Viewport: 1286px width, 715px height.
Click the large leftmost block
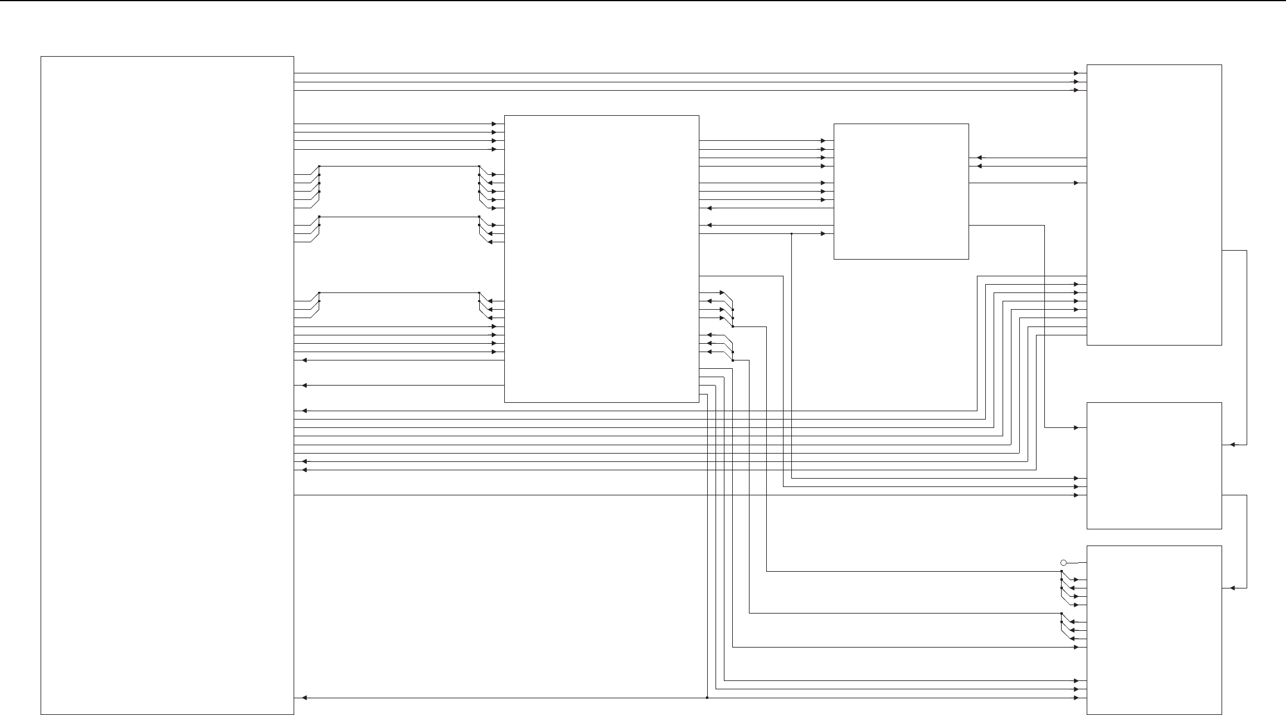pyautogui.click(x=167, y=385)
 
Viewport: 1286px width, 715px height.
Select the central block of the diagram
pyautogui.click(x=602, y=259)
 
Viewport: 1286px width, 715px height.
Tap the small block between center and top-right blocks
pyautogui.click(x=900, y=192)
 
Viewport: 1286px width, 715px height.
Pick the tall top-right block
pyautogui.click(x=1154, y=205)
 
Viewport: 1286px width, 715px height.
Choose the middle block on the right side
pyautogui.click(x=1154, y=466)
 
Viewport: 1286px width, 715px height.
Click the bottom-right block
pyautogui.click(x=1154, y=630)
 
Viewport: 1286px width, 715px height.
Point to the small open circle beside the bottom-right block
pyautogui.click(x=1063, y=563)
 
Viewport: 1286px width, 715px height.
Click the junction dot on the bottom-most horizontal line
pyautogui.click(x=707, y=698)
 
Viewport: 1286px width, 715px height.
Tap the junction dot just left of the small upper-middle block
pyautogui.click(x=791, y=234)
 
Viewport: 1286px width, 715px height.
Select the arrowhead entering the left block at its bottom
pyautogui.click(x=304, y=698)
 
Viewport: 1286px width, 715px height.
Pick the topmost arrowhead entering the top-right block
pyautogui.click(x=1076, y=73)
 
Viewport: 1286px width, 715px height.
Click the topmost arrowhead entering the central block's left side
pyautogui.click(x=494, y=124)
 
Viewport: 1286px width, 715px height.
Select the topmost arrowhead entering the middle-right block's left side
pyautogui.click(x=1076, y=428)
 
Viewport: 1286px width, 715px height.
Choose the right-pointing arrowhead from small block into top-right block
pyautogui.click(x=1076, y=183)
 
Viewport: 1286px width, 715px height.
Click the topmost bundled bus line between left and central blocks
pyautogui.click(x=399, y=167)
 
